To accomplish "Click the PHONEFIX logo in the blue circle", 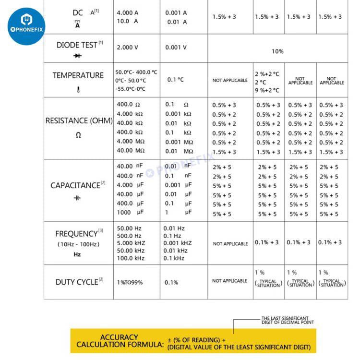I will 26,25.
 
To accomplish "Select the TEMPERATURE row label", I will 78,75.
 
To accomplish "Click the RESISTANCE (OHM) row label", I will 79,120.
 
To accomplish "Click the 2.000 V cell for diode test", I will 128,48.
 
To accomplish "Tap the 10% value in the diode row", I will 277,51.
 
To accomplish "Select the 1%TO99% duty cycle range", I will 130,282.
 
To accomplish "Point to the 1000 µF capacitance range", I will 130,212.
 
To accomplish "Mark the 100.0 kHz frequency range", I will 131,258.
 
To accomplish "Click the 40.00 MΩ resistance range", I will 131,151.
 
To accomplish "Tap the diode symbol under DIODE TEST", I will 77,56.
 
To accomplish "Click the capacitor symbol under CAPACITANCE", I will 77,198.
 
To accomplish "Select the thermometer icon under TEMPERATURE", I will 78,89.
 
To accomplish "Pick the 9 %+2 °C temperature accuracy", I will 267,90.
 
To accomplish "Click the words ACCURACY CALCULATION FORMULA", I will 119,341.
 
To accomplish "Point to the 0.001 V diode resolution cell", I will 176,48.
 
